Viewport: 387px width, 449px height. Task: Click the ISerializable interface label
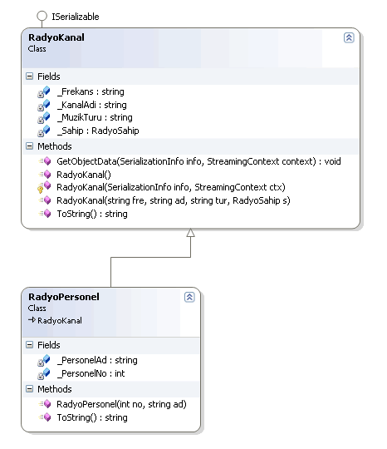[x=76, y=17]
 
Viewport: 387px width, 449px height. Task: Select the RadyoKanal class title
[x=56, y=37]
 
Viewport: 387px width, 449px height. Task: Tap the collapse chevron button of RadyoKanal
[x=349, y=37]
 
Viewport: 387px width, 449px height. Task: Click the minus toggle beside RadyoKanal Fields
[x=29, y=76]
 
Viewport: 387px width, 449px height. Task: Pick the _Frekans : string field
[x=91, y=91]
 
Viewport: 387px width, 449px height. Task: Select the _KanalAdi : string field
[x=92, y=105]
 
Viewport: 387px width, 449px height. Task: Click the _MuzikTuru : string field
[x=95, y=117]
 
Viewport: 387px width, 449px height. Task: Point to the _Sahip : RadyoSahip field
[x=98, y=131]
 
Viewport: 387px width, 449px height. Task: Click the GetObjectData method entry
[x=198, y=161]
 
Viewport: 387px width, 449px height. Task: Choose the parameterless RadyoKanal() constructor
[x=84, y=175]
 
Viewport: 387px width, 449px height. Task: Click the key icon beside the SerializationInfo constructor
[x=41, y=190]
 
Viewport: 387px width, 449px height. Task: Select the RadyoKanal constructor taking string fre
[x=174, y=200]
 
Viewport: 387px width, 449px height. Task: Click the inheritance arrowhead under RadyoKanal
[x=190, y=233]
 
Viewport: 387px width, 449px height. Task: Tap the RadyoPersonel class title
[x=64, y=297]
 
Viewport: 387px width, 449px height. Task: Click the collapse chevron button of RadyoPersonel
[x=189, y=297]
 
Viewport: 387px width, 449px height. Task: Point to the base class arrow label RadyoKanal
[x=60, y=320]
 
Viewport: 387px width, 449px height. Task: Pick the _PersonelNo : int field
[x=91, y=373]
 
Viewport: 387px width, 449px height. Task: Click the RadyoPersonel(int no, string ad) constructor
[x=121, y=404]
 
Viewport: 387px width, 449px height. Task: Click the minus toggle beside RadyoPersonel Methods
[x=29, y=389]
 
